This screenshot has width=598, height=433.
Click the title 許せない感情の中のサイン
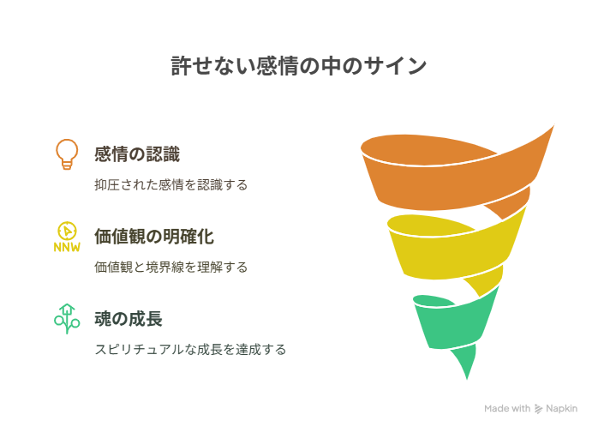point(299,66)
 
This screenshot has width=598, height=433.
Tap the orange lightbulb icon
point(67,154)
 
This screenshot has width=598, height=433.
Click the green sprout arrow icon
point(67,319)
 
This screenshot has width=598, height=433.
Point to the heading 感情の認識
point(137,154)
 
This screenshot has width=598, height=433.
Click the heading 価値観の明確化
point(154,237)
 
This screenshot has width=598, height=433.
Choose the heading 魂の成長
point(129,319)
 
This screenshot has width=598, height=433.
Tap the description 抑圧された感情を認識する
point(171,185)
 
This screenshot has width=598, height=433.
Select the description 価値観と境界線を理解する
point(171,267)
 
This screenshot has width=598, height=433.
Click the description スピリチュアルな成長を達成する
point(190,349)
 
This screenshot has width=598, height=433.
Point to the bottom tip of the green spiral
point(467,379)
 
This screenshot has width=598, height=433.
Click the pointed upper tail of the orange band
point(553,126)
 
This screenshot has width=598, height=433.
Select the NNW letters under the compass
point(67,248)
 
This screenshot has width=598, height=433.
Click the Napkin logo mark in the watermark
point(538,409)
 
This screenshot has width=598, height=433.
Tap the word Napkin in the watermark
point(561,409)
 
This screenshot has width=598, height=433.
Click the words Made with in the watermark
point(507,408)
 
